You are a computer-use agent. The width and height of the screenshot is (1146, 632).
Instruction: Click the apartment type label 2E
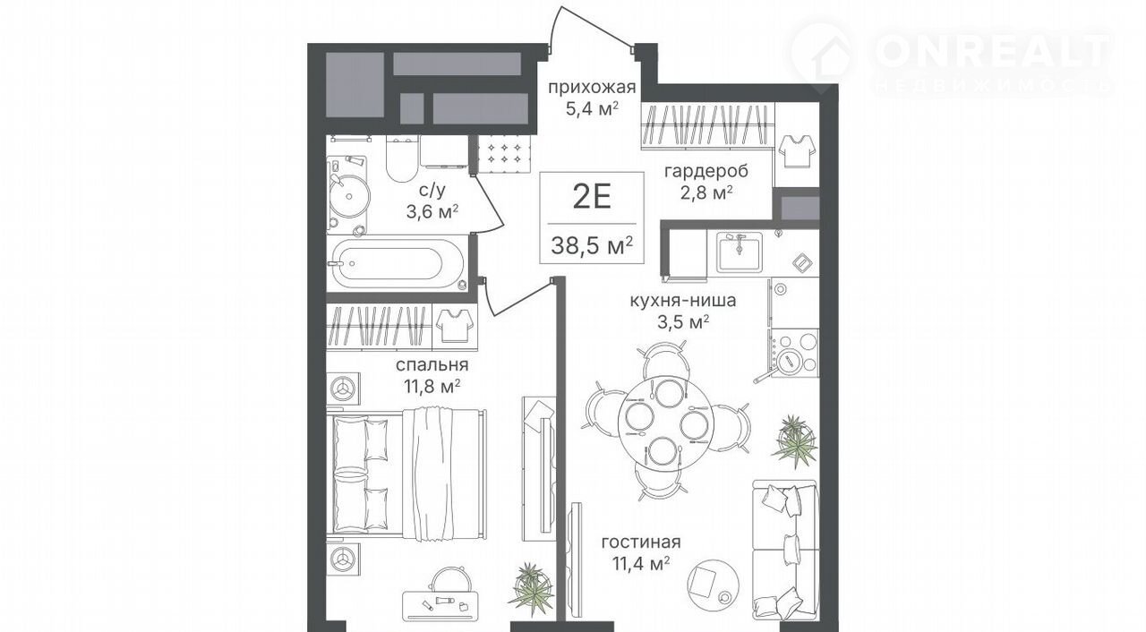click(x=592, y=197)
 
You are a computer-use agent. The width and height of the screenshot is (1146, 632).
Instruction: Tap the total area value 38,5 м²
click(x=592, y=246)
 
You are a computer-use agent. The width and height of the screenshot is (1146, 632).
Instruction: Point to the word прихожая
click(x=592, y=88)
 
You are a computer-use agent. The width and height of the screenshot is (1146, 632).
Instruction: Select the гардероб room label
click(x=706, y=171)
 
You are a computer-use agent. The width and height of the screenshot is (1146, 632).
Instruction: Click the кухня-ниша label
click(x=683, y=300)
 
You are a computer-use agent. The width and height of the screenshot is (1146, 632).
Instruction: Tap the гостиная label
click(x=642, y=542)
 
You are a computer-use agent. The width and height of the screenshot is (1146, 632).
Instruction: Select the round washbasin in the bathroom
click(x=350, y=196)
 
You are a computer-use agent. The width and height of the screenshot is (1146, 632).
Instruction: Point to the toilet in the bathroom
click(x=402, y=158)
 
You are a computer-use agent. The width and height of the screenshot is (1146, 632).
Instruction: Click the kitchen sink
click(x=739, y=252)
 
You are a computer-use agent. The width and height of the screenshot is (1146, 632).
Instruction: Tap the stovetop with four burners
click(x=794, y=353)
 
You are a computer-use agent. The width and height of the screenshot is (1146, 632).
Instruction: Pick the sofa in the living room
click(x=786, y=550)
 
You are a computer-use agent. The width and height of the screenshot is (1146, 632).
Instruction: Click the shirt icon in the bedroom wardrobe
click(x=455, y=325)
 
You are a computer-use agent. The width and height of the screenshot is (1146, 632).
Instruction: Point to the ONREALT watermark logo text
click(x=993, y=52)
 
